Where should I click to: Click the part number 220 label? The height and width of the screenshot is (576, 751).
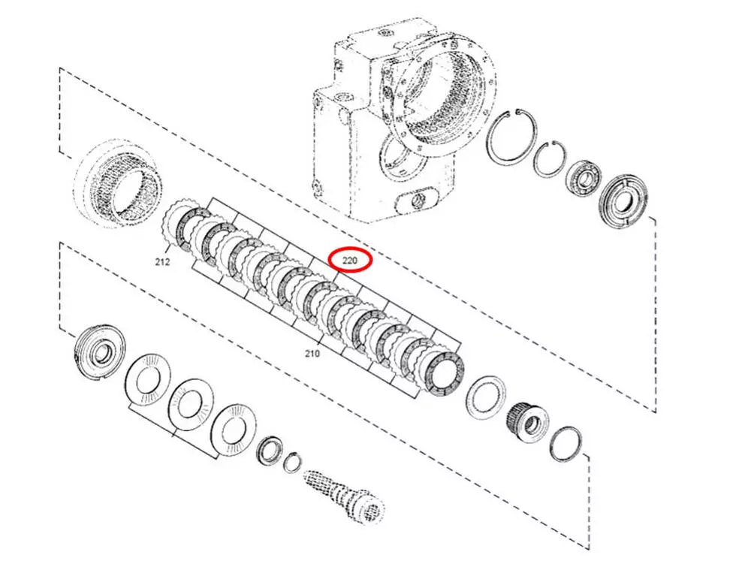click(x=350, y=261)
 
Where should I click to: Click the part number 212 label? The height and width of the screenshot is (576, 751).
click(x=162, y=262)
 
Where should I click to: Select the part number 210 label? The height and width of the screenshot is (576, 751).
click(x=312, y=354)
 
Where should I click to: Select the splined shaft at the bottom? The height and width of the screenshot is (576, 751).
click(x=345, y=496)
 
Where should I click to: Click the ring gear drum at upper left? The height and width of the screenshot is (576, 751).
click(x=118, y=183)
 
